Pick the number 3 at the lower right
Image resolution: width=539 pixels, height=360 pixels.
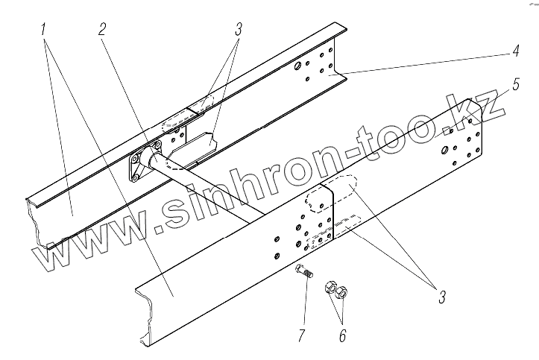441,297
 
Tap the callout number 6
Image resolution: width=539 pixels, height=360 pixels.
341,335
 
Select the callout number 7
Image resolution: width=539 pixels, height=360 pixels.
301,335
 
